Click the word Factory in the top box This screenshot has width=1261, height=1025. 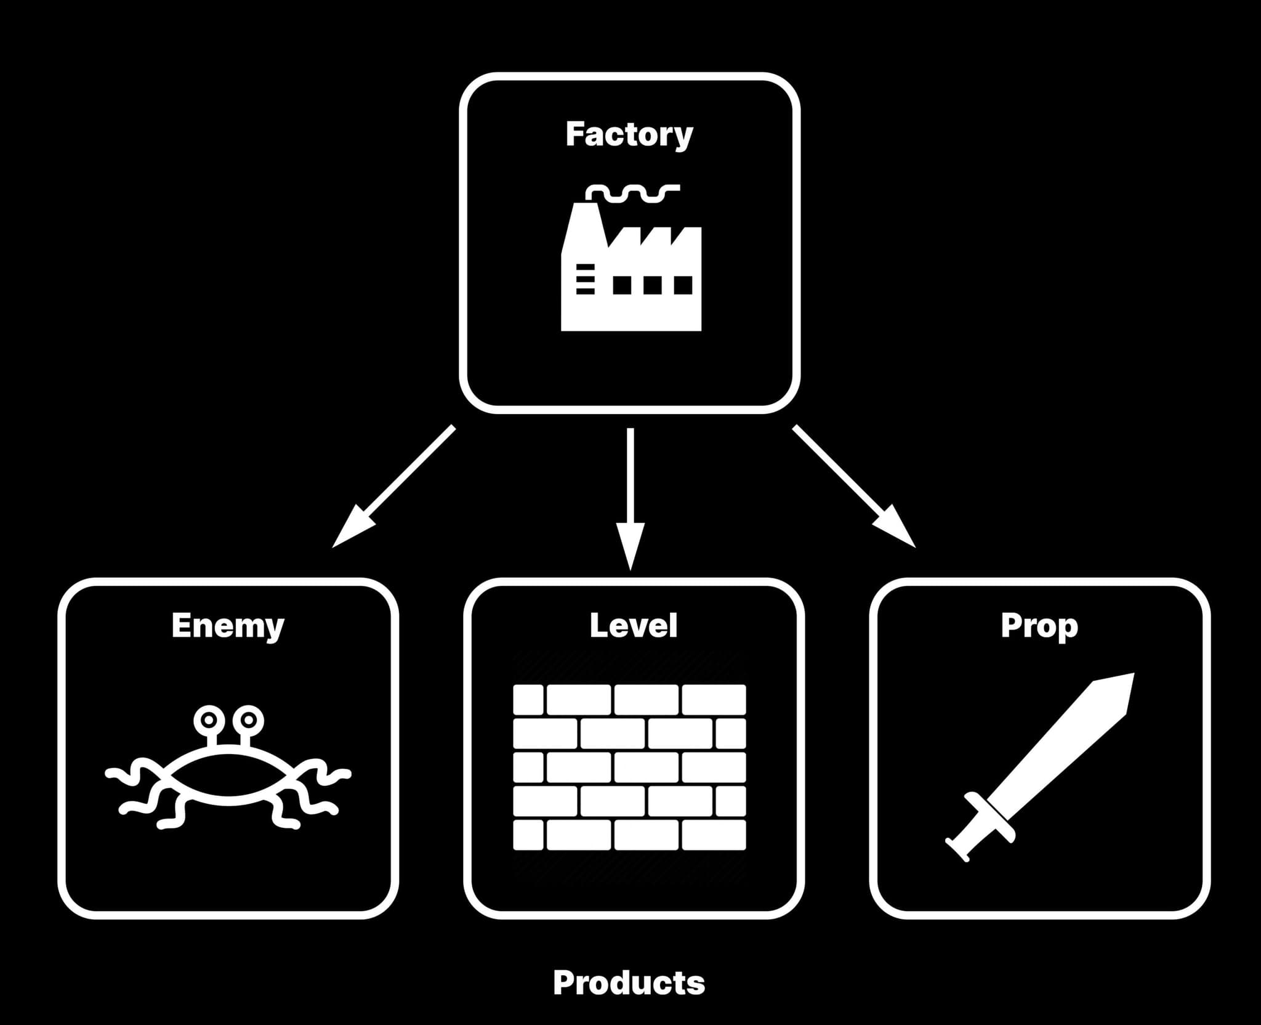tap(629, 134)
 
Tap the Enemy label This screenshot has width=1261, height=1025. tap(228, 625)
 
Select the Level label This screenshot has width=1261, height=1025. tap(634, 625)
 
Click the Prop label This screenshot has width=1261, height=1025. tap(1039, 625)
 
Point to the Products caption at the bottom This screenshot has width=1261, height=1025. tap(629, 982)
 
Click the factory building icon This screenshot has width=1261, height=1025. tap(630, 277)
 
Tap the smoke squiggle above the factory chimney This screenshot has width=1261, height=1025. tap(633, 193)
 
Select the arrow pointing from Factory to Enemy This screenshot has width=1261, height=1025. tap(394, 486)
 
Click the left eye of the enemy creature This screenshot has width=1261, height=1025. tap(209, 719)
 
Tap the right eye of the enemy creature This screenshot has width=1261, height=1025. tap(248, 719)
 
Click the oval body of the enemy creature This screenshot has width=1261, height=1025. tap(228, 774)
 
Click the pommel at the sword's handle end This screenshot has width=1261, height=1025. tap(955, 851)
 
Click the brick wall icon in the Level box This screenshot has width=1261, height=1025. tap(629, 767)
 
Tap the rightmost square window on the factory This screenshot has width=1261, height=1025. tap(683, 285)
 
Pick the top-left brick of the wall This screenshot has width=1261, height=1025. tap(528, 699)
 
